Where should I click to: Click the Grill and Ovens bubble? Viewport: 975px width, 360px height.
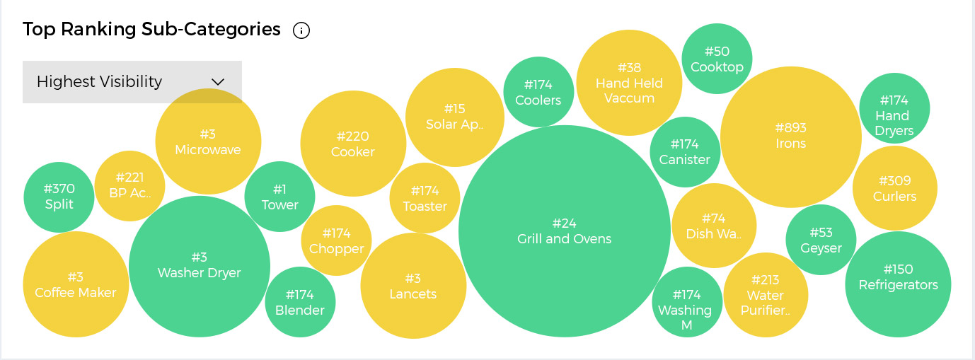[564, 231]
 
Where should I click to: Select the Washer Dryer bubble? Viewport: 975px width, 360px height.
[200, 266]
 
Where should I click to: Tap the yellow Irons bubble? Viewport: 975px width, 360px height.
[790, 137]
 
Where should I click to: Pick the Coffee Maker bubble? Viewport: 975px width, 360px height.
[76, 284]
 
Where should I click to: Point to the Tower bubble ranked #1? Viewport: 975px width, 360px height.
[279, 197]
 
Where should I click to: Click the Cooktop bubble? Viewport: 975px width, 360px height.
[717, 59]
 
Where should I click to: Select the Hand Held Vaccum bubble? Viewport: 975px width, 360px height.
[629, 83]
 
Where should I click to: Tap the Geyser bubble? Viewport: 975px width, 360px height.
[821, 240]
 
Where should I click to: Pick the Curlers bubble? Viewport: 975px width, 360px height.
[895, 189]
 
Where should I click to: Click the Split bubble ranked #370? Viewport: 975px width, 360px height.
[59, 197]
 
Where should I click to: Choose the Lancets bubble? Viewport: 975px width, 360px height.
[413, 286]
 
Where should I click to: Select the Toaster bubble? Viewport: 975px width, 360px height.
[425, 199]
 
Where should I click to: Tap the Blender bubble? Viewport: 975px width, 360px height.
[300, 302]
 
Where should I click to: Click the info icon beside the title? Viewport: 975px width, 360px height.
[301, 30]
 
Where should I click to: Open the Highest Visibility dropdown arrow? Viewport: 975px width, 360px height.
[218, 82]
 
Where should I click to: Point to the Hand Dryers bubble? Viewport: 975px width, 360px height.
[894, 108]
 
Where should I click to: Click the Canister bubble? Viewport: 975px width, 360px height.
[684, 152]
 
